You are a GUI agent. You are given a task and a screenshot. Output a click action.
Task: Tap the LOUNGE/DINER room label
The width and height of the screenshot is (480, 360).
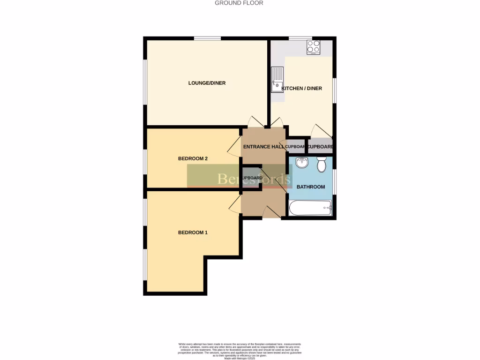tap(207, 83)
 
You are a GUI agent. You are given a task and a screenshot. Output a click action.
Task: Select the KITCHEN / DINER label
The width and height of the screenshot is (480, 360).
tap(301, 88)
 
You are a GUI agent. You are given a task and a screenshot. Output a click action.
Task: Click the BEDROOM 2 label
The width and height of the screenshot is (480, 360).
tap(193, 158)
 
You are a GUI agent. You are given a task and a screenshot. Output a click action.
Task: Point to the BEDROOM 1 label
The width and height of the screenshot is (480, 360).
tap(193, 232)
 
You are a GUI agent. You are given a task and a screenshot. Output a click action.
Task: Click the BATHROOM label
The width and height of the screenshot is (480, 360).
tap(311, 187)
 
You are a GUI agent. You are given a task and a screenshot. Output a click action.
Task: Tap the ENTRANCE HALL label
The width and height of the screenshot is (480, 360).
tap(263, 147)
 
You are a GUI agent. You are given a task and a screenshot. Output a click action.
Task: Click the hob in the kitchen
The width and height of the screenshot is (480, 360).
tap(313, 47)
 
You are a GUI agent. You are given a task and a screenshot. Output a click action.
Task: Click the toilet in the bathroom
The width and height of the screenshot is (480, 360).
tap(322, 165)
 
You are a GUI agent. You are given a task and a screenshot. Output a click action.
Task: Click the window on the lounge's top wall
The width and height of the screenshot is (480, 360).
tap(208, 38)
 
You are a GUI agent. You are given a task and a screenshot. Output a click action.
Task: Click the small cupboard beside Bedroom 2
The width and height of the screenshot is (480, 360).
tap(251, 178)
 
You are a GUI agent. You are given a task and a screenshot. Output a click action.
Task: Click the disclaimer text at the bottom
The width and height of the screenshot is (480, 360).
tap(240, 351)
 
